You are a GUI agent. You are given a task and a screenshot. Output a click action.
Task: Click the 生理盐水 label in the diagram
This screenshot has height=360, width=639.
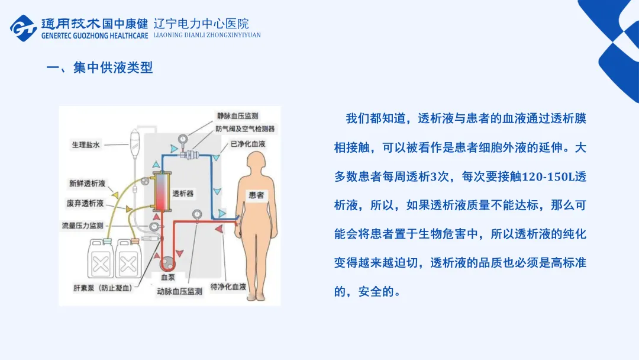pyautogui.click(x=86, y=144)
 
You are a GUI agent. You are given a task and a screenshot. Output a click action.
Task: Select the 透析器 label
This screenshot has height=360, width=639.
pyautogui.click(x=183, y=193)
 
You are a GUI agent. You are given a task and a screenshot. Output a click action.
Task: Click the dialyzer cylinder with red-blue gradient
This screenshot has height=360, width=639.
pyautogui.click(x=161, y=193)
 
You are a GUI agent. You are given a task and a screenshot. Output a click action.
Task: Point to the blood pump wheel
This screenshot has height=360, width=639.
pyautogui.click(x=167, y=262)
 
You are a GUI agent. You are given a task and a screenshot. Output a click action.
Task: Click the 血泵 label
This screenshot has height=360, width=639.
pyautogui.click(x=167, y=277)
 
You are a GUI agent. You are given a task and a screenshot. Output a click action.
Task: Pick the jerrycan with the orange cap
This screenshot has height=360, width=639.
pyautogui.click(x=131, y=257)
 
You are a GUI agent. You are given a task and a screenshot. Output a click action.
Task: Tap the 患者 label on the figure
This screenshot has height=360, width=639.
pyautogui.click(x=257, y=195)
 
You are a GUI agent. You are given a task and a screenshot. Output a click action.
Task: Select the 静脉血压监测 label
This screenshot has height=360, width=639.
pyautogui.click(x=237, y=116)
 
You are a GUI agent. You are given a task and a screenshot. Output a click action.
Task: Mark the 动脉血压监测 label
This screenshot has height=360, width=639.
pyautogui.click(x=180, y=292)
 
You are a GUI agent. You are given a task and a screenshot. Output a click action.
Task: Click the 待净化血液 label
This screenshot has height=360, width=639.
pyautogui.click(x=228, y=287)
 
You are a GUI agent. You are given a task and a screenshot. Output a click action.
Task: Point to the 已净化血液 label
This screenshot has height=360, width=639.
pyautogui.click(x=248, y=144)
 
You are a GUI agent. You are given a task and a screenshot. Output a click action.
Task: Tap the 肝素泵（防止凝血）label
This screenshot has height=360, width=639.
pyautogui.click(x=99, y=288)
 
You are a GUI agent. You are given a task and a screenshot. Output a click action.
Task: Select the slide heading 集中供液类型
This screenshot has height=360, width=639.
pyautogui.click(x=112, y=67)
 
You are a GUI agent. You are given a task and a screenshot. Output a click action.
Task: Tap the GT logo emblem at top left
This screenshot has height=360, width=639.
pyautogui.click(x=24, y=27)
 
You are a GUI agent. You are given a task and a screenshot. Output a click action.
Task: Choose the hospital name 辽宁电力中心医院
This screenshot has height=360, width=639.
pyautogui.click(x=201, y=24)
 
